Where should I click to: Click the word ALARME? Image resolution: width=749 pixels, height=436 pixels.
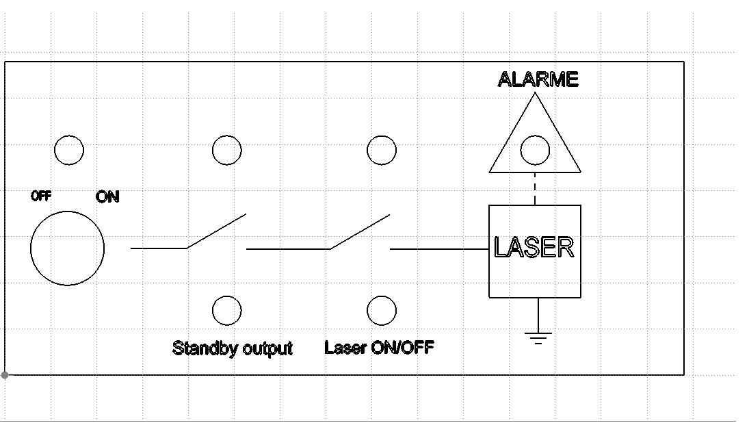(x=538, y=79)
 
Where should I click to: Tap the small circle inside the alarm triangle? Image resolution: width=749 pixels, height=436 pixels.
(x=535, y=149)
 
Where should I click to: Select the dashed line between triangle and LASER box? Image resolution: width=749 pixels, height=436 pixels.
(x=535, y=188)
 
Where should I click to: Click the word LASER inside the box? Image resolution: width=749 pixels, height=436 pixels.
(x=534, y=247)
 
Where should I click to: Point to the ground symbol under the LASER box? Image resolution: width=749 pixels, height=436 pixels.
(x=538, y=337)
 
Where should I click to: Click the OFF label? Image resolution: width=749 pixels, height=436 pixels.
(x=42, y=196)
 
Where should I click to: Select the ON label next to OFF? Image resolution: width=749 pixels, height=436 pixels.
(x=107, y=197)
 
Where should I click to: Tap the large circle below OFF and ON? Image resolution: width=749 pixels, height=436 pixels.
(x=68, y=248)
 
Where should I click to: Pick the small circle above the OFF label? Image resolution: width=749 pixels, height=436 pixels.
(x=69, y=150)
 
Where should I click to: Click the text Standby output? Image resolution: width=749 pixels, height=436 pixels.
(x=233, y=348)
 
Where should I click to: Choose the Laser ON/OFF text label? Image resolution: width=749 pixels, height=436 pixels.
(x=379, y=347)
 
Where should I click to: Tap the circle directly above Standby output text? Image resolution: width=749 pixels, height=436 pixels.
(x=226, y=311)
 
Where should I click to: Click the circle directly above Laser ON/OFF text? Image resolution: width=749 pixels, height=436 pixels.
(x=382, y=311)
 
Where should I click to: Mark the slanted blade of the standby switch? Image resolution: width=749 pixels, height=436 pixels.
(x=216, y=231)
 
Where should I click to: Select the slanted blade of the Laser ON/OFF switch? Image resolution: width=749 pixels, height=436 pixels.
(x=360, y=231)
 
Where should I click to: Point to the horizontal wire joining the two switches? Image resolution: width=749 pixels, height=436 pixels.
(x=287, y=249)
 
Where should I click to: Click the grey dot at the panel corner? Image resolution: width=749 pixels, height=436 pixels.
(x=5, y=375)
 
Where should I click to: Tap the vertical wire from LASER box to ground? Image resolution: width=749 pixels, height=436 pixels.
(x=538, y=314)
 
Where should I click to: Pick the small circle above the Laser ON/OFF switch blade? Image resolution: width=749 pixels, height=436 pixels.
(x=382, y=150)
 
